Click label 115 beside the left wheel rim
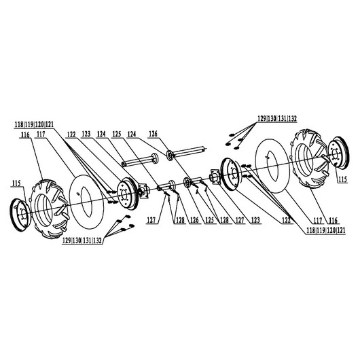coord(16,183)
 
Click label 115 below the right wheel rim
coord(342,179)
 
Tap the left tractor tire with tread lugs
coord(50,209)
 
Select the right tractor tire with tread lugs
coord(309,159)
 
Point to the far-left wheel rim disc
coord(20,215)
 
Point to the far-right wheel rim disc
coord(338,153)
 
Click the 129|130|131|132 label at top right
coord(277,119)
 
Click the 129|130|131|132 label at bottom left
coord(82,240)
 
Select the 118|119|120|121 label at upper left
coord(34,124)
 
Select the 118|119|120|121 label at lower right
coord(326,230)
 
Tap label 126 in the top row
coord(153,134)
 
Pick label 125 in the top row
coord(117,134)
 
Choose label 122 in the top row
coord(71,134)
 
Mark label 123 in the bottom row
coord(255,220)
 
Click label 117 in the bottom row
coord(317,221)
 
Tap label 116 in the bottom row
coord(333,221)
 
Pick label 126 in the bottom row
coord(194,220)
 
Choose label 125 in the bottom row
coord(209,220)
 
